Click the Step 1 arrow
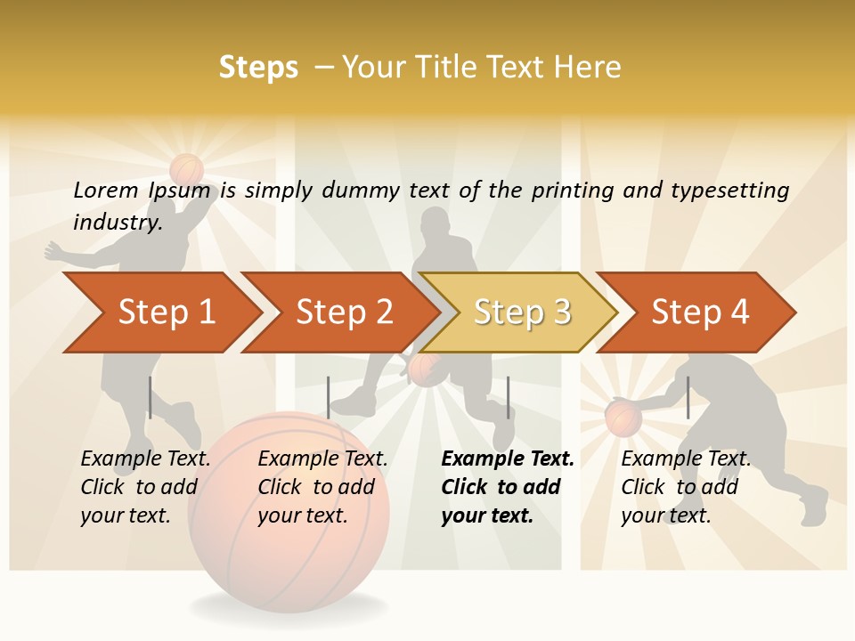click(166, 312)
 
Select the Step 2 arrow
click(344, 312)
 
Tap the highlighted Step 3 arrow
click(522, 312)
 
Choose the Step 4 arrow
click(700, 312)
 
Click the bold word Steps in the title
click(258, 68)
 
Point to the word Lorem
click(106, 190)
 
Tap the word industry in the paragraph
click(115, 222)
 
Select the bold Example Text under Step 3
click(508, 458)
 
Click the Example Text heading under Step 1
click(145, 458)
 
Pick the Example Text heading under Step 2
click(322, 458)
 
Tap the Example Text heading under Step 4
click(686, 458)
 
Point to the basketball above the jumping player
click(187, 168)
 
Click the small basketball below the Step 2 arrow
click(425, 369)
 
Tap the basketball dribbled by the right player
click(623, 418)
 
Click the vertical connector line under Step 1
click(150, 397)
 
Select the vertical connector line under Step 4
click(688, 397)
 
